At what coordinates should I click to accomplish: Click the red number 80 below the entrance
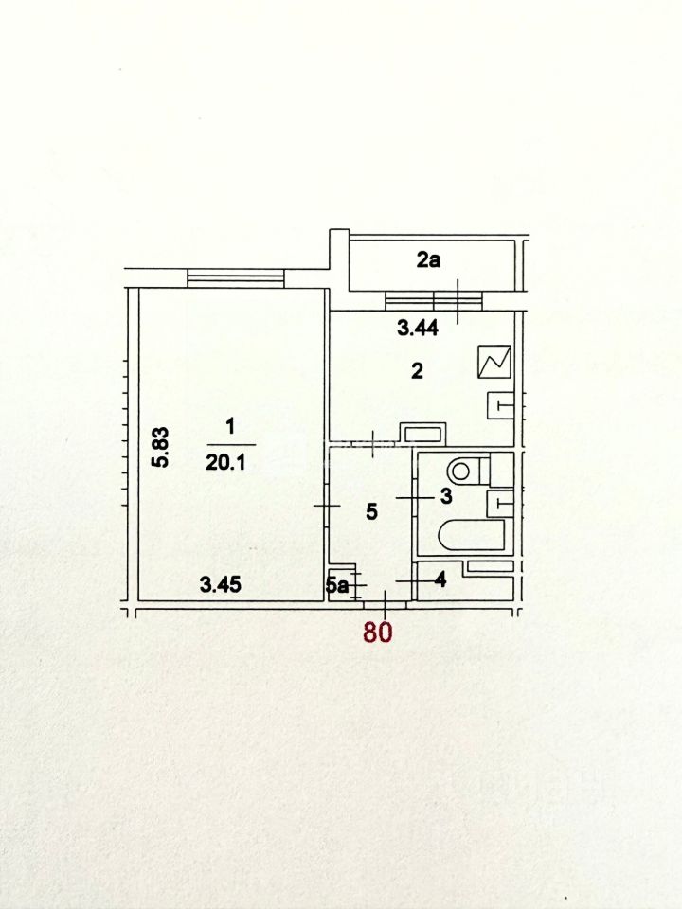point(378,632)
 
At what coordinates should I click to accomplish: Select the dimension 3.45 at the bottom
point(221,584)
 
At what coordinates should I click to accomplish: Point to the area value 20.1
point(225,462)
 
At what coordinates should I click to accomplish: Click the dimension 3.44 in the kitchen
point(418,329)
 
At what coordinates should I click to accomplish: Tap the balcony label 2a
point(428,260)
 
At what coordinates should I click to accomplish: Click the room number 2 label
point(417,370)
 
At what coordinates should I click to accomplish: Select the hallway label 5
point(371,511)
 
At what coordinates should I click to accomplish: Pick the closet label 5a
point(336,585)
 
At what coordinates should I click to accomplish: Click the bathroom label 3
point(446,496)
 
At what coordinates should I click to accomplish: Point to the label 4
point(440,579)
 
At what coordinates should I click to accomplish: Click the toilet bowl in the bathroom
point(472,470)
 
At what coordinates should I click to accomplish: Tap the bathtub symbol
point(472,534)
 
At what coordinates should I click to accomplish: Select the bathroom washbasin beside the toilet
point(500,503)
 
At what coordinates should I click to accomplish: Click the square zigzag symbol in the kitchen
point(494,362)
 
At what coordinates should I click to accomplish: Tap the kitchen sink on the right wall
point(500,404)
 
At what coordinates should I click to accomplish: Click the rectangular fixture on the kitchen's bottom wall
point(422,433)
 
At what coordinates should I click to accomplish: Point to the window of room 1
point(236,277)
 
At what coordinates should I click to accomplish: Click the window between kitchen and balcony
point(434,301)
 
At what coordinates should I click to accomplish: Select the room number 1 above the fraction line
point(230,427)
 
